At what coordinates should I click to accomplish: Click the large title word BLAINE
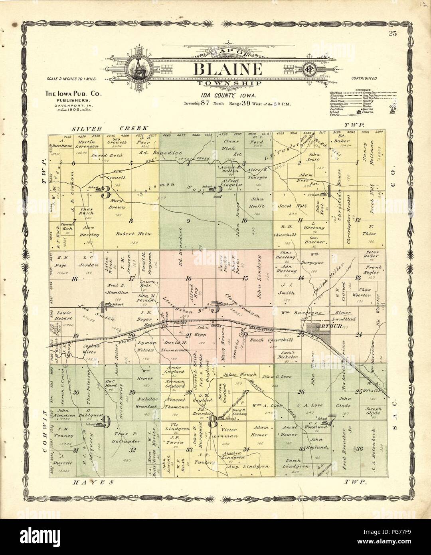(228, 69)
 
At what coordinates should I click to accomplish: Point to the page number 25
(393, 33)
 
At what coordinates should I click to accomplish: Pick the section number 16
(189, 278)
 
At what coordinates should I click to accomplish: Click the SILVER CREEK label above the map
(110, 129)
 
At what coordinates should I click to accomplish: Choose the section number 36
(360, 449)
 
